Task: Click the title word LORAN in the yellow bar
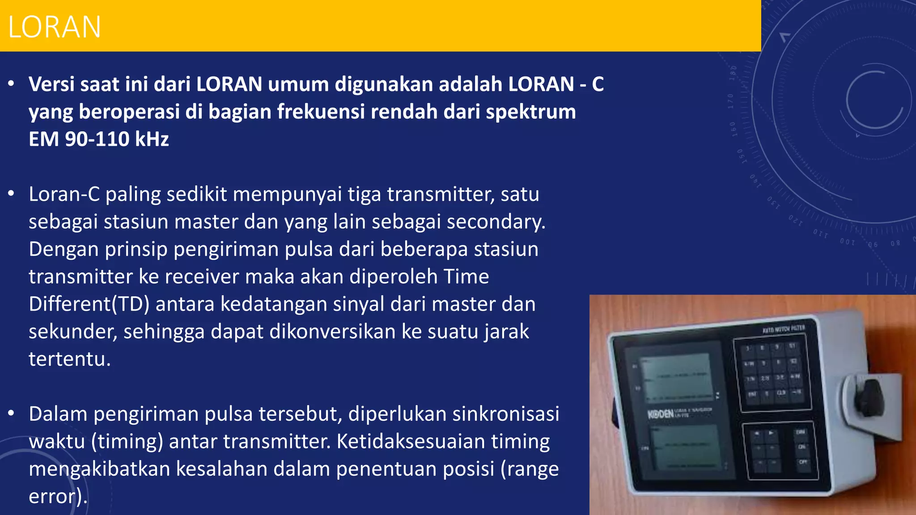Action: pos(55,27)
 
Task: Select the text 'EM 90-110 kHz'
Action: pos(99,139)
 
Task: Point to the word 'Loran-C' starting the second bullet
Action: pos(64,194)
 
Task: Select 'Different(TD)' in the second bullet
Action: pos(89,304)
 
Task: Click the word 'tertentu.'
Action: pos(70,359)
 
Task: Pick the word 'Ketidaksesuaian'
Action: pos(411,442)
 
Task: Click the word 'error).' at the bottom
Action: pos(58,497)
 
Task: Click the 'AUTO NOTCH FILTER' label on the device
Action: pos(784,329)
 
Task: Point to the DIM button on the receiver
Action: pos(800,432)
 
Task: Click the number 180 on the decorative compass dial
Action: pos(733,72)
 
